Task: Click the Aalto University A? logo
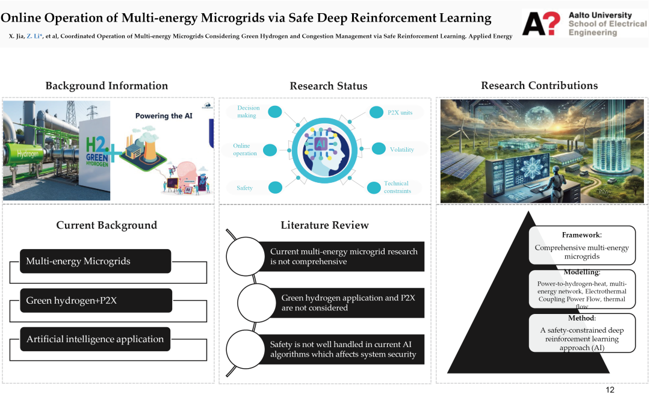coord(541,23)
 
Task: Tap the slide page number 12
coord(610,390)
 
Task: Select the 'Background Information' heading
coord(107,86)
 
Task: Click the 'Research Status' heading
coord(329,86)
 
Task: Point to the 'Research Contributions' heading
coord(539,85)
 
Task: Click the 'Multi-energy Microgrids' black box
coord(95,261)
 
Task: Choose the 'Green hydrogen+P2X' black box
coord(96,300)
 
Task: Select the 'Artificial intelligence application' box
coord(95,339)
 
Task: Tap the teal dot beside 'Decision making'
coord(275,111)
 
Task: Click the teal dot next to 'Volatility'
coord(379,149)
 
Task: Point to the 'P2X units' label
coord(400,112)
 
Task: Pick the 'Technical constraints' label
coord(397,187)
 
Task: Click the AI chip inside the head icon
coord(320,144)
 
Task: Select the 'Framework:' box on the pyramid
coord(582,245)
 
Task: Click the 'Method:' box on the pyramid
coord(582,333)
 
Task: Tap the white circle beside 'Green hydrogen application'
coord(256,303)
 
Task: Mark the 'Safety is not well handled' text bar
coord(342,349)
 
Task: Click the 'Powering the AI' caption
coord(164,116)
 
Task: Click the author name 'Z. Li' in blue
coord(34,37)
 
